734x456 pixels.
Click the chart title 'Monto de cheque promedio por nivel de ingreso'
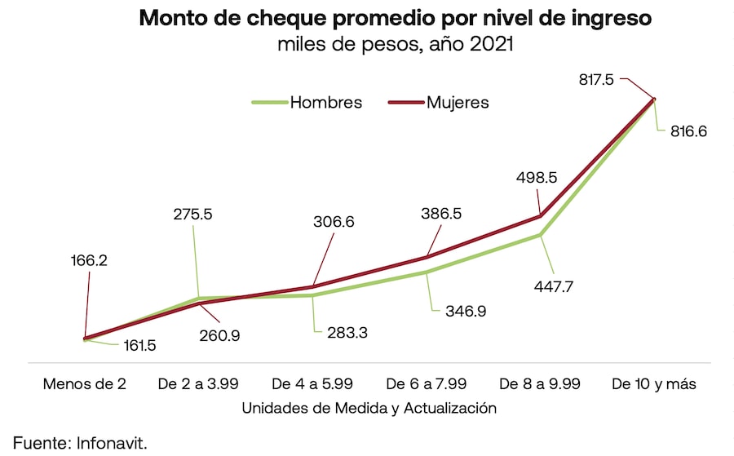click(x=396, y=18)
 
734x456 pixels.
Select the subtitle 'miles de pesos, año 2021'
click(x=396, y=46)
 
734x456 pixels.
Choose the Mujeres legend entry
click(x=458, y=103)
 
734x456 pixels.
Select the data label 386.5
click(x=440, y=213)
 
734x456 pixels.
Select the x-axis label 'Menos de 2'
click(x=85, y=383)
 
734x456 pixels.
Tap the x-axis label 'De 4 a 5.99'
click(x=312, y=383)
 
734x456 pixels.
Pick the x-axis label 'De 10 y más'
click(x=654, y=383)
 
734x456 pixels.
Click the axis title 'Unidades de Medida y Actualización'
click(x=369, y=407)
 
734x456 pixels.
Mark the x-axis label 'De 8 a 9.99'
click(x=539, y=383)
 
